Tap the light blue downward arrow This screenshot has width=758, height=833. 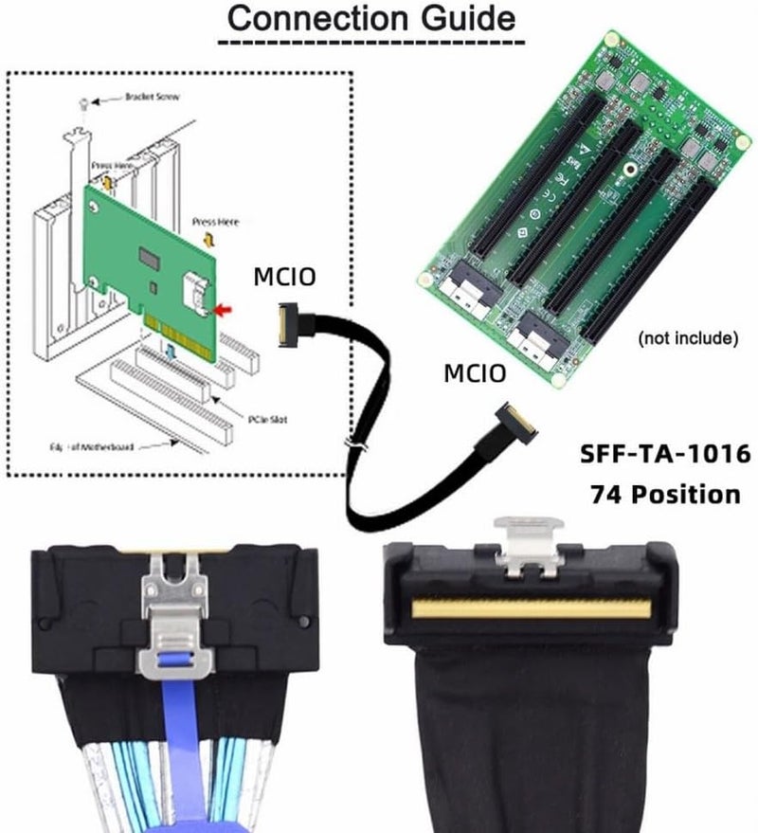[171, 352]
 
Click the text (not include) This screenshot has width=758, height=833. [688, 337]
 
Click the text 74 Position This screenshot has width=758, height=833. [665, 493]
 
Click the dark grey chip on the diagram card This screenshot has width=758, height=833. [149, 257]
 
